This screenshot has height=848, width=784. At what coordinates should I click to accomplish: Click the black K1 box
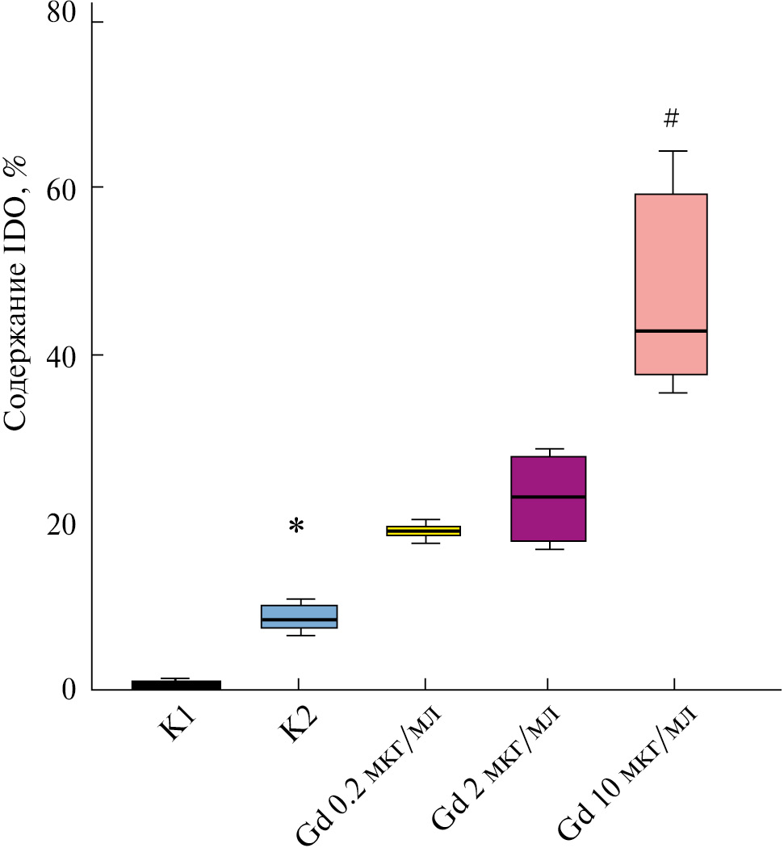[x=176, y=685]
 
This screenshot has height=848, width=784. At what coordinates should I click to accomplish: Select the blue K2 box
[x=299, y=616]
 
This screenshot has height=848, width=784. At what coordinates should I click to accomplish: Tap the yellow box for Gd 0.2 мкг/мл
[x=424, y=531]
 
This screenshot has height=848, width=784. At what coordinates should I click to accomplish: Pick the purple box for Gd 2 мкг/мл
[x=548, y=498]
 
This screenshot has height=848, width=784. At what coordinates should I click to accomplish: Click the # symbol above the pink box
[x=671, y=120]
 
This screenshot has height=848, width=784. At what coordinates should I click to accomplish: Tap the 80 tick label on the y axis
[x=64, y=15]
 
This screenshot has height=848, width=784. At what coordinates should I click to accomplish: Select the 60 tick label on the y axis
[x=64, y=187]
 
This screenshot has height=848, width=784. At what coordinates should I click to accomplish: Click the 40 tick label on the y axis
[x=64, y=355]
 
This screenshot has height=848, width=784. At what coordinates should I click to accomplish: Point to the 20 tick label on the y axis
[x=64, y=523]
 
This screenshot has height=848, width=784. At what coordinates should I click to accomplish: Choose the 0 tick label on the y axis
[x=71, y=690]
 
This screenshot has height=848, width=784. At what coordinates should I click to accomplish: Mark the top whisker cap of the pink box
[x=672, y=151]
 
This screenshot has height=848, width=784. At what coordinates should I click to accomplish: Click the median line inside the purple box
[x=548, y=497]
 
